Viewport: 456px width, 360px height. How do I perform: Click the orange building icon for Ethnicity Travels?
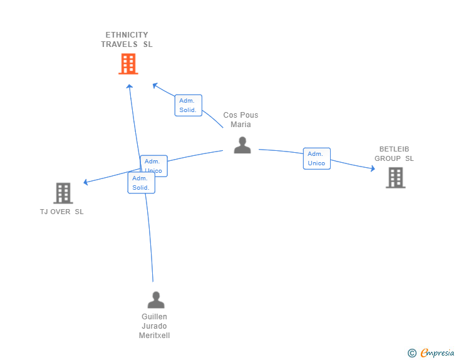pyautogui.click(x=128, y=64)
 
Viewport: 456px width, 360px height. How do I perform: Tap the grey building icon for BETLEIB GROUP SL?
pyautogui.click(x=395, y=178)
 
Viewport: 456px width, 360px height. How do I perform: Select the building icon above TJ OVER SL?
pyautogui.click(x=63, y=193)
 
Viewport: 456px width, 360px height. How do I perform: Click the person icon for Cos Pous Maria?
pyautogui.click(x=242, y=145)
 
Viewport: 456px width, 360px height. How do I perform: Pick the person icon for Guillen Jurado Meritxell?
pyautogui.click(x=156, y=300)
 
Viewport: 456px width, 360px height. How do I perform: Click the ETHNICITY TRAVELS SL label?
pyautogui.click(x=127, y=39)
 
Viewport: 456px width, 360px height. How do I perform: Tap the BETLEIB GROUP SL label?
pyautogui.click(x=394, y=154)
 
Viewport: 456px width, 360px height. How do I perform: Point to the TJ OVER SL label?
pyautogui.click(x=61, y=212)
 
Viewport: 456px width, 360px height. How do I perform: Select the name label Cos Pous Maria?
pyautogui.click(x=241, y=120)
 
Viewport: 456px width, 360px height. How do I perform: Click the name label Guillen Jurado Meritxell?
pyautogui.click(x=155, y=326)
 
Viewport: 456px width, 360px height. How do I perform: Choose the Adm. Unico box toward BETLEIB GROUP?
pyautogui.click(x=317, y=158)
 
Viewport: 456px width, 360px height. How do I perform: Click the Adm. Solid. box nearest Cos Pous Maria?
pyautogui.click(x=188, y=105)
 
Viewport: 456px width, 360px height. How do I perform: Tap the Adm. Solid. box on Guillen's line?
pyautogui.click(x=142, y=183)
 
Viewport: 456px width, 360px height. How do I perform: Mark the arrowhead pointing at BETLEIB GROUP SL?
pyautogui.click(x=373, y=168)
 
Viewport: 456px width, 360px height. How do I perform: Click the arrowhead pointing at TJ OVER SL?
pyautogui.click(x=85, y=182)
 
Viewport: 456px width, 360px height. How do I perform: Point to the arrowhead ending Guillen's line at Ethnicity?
pyautogui.click(x=130, y=86)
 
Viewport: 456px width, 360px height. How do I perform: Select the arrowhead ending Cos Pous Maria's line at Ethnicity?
pyautogui.click(x=155, y=86)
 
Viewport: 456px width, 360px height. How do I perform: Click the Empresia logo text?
pyautogui.click(x=437, y=352)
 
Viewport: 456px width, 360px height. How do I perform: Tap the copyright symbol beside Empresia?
pyautogui.click(x=412, y=353)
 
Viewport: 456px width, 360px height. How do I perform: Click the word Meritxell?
pyautogui.click(x=155, y=336)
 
